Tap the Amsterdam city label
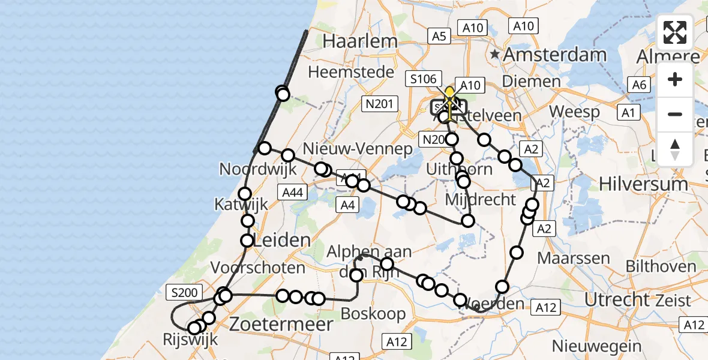pyautogui.click(x=555, y=55)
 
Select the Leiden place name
pyautogui.click(x=282, y=241)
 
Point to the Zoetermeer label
pyautogui.click(x=281, y=325)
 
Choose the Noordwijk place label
pyautogui.click(x=258, y=169)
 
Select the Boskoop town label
pyautogui.click(x=373, y=313)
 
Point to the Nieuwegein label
pyautogui.click(x=596, y=346)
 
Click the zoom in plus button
pyautogui.click(x=675, y=79)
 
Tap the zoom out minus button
pyautogui.click(x=675, y=114)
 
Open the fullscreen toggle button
pyautogui.click(x=675, y=33)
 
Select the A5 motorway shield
pyautogui.click(x=440, y=37)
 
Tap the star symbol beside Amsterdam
pyautogui.click(x=495, y=55)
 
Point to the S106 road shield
pyautogui.click(x=423, y=79)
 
